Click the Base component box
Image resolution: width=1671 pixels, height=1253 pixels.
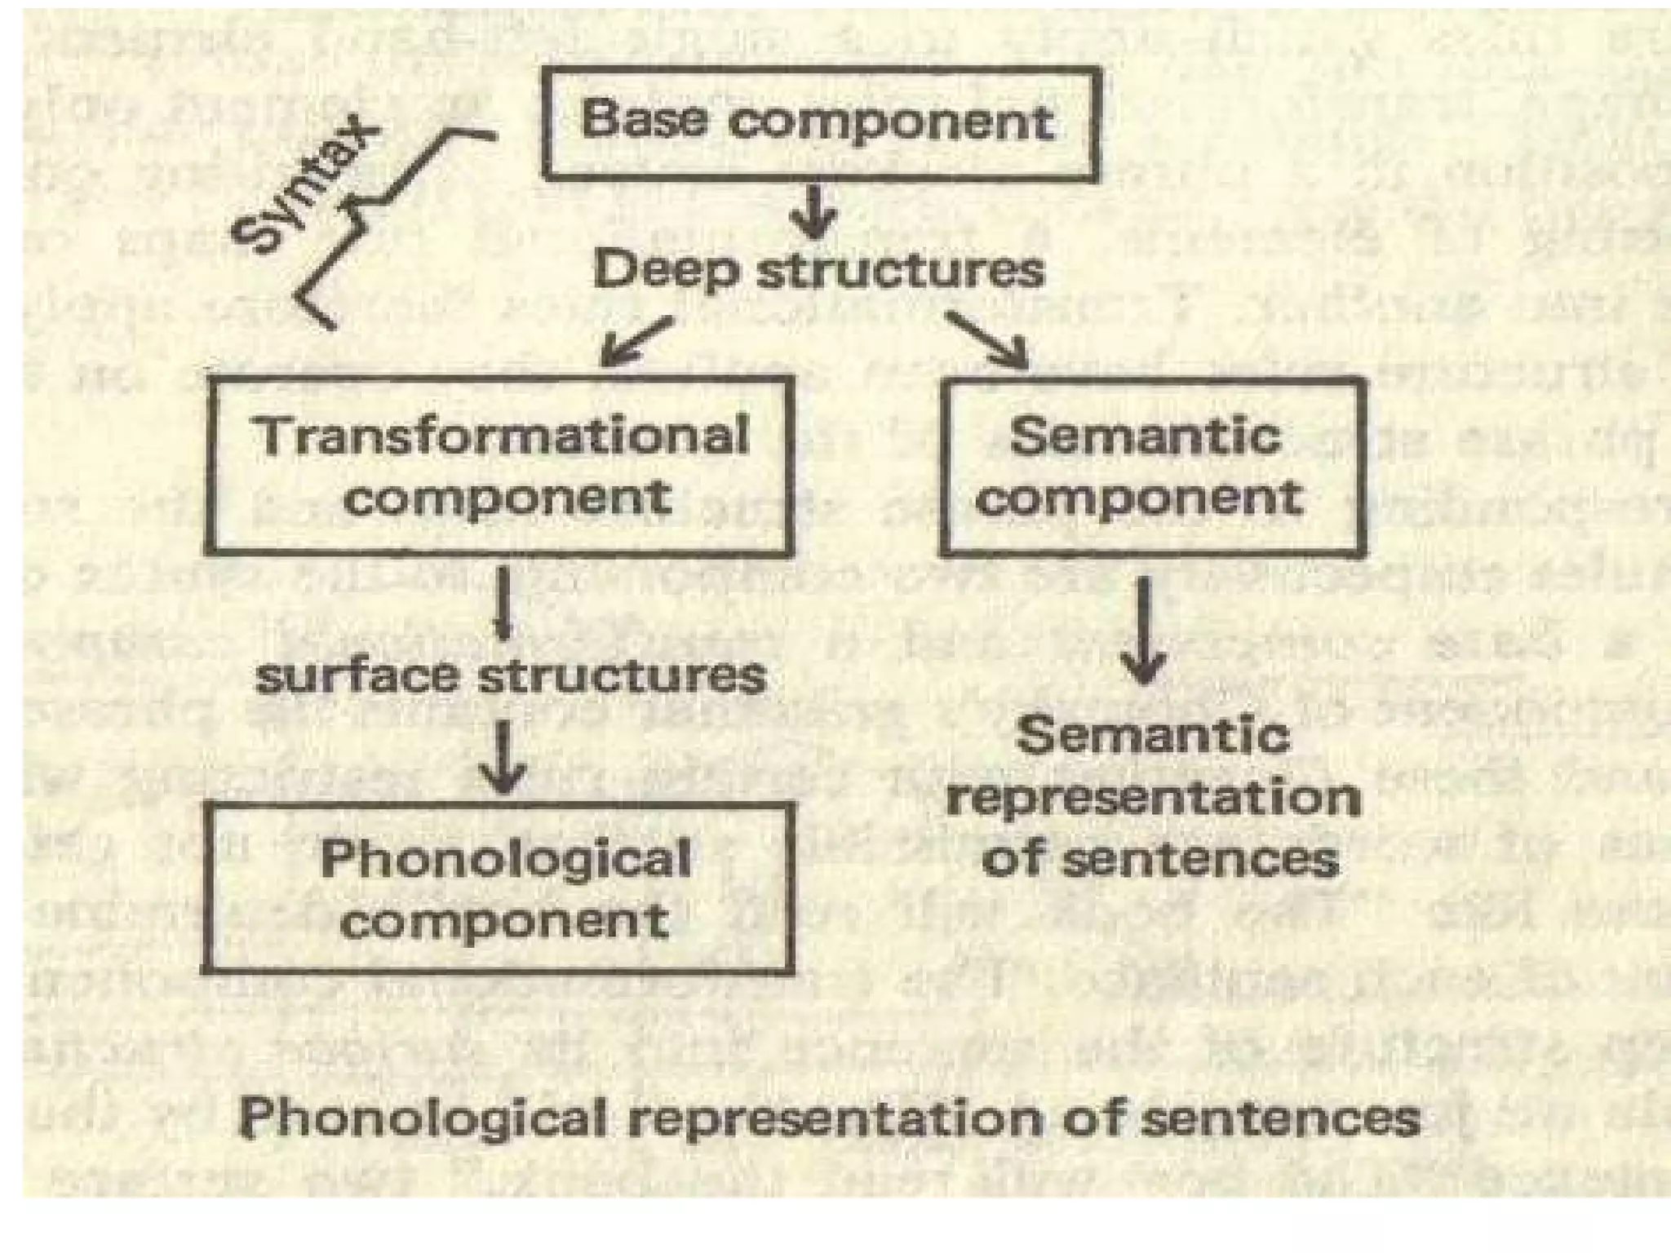(821, 123)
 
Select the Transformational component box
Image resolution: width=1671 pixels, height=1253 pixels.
(499, 466)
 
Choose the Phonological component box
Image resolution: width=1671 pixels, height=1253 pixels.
(497, 888)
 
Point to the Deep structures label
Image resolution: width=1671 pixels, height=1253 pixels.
(819, 270)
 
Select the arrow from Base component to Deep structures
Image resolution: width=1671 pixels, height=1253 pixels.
(816, 213)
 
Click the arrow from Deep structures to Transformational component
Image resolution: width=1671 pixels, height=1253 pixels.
(636, 341)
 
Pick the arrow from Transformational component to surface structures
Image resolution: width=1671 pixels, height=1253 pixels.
(504, 604)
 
